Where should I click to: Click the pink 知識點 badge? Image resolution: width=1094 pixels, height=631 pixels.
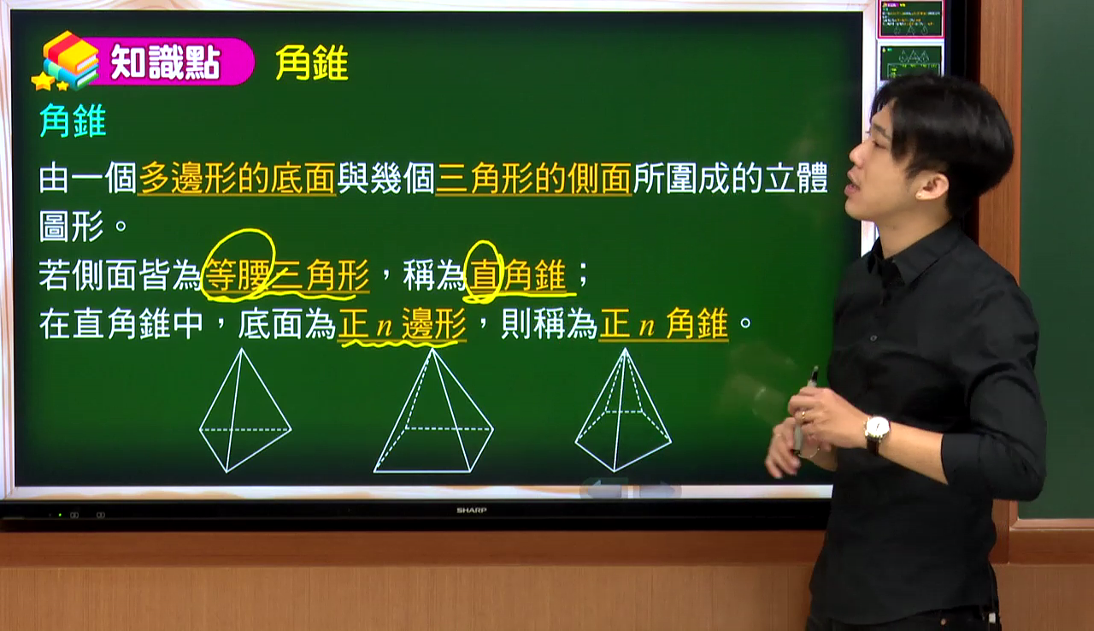166,62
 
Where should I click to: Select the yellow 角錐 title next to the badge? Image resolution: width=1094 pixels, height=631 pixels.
312,63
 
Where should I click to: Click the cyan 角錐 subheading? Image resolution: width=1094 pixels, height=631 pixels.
73,121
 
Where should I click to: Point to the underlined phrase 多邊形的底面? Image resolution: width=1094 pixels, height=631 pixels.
237,178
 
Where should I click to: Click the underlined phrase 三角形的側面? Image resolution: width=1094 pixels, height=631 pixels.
533,178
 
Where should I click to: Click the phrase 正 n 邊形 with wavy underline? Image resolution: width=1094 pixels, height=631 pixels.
402,324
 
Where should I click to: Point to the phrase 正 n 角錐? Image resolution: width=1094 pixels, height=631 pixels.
664,324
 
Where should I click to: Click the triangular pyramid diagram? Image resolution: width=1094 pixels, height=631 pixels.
245,410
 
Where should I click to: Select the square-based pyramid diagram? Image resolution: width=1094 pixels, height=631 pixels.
433,410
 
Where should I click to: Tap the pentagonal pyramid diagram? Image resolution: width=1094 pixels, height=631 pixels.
623,410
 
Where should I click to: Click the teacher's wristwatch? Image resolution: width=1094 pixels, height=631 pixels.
877,433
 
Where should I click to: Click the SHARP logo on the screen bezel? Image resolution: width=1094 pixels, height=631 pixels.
471,510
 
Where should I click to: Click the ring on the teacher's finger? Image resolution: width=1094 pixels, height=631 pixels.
803,416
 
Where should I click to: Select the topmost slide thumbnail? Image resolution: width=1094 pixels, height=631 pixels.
911,19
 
